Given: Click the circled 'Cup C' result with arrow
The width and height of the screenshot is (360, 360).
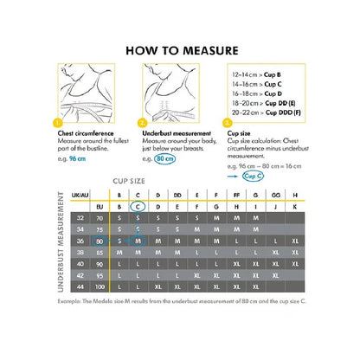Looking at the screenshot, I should (254, 174).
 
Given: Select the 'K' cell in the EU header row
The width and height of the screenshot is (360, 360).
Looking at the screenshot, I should (295, 208).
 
